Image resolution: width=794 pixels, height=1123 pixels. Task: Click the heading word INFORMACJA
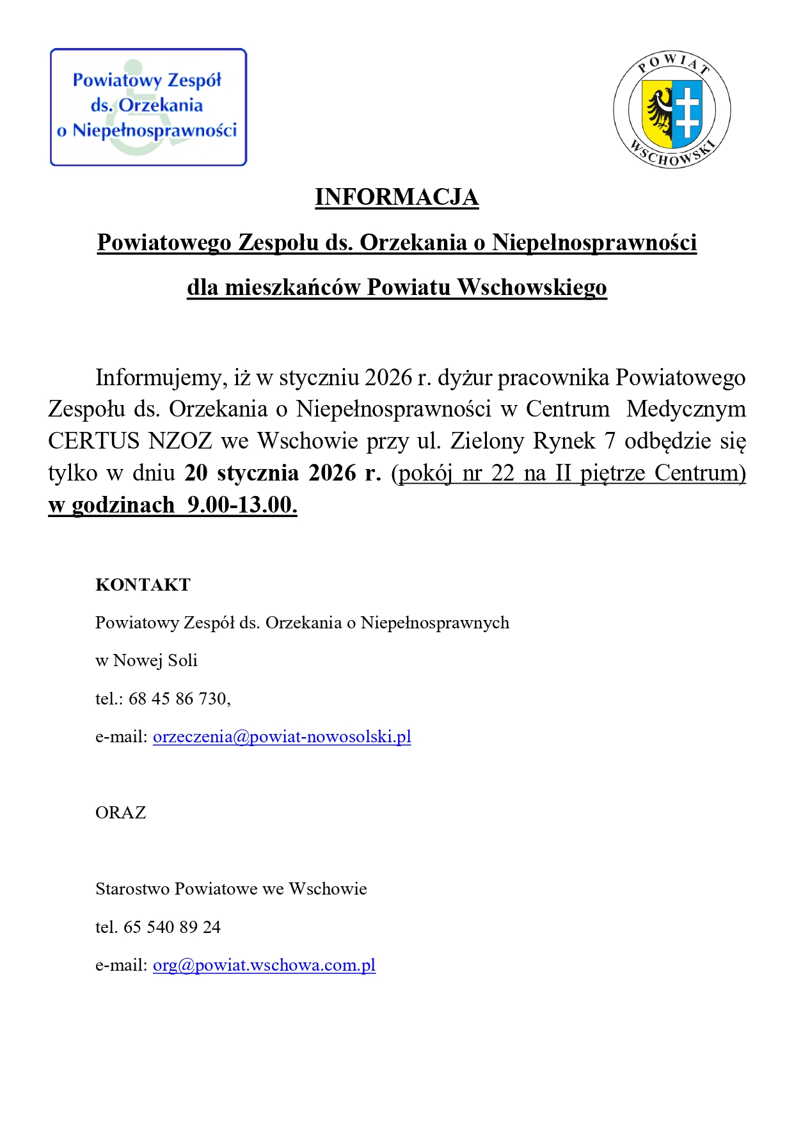coord(397,197)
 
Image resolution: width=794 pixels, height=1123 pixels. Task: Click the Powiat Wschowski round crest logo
coord(672,110)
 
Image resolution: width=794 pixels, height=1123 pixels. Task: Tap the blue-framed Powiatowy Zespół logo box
coord(148,108)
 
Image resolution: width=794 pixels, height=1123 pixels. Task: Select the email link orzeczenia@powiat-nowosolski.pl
coord(282,737)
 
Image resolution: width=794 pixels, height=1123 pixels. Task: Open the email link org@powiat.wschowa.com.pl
coord(264,965)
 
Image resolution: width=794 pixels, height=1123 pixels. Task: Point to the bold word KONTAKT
coord(143,585)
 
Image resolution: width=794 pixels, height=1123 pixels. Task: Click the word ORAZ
coord(120,813)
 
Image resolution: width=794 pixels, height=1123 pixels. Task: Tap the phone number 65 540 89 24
coord(172,927)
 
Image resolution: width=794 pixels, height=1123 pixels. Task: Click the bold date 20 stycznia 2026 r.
coord(282,473)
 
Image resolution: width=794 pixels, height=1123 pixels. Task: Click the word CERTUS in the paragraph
coord(93,441)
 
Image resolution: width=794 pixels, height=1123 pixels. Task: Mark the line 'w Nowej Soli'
coord(146,660)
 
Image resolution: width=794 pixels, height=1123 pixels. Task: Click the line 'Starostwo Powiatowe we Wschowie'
coord(231,889)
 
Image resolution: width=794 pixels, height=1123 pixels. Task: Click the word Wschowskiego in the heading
coord(532,287)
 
